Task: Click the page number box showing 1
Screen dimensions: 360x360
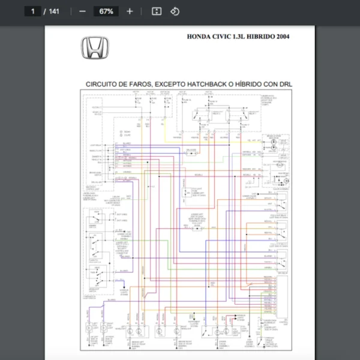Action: [x=33, y=11]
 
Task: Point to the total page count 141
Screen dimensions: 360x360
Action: [x=54, y=11]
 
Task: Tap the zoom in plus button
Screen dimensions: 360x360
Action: [x=130, y=11]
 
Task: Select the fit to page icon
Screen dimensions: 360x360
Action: [x=157, y=11]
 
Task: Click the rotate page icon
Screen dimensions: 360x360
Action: [x=175, y=11]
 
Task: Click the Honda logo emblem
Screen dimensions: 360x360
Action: [x=95, y=47]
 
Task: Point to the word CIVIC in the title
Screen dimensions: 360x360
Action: [x=226, y=37]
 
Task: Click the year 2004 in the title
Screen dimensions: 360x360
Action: [x=284, y=37]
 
